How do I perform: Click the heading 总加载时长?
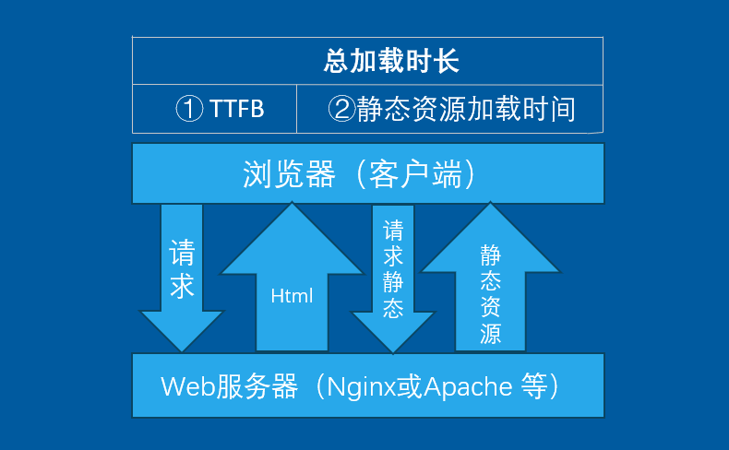(391, 62)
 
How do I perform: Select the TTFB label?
(236, 110)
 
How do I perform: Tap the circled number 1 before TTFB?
(189, 110)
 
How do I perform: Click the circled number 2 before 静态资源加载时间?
(341, 110)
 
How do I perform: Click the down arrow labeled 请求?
(182, 277)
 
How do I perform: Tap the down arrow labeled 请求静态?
(394, 277)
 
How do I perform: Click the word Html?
(293, 296)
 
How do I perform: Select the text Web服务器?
(230, 385)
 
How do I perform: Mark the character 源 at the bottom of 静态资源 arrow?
(491, 334)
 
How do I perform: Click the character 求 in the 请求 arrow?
(182, 286)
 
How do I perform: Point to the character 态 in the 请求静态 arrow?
(394, 307)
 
